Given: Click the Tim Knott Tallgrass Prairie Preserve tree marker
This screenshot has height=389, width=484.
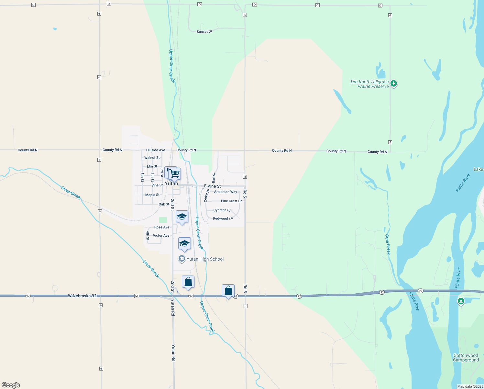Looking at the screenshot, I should pyautogui.click(x=393, y=84).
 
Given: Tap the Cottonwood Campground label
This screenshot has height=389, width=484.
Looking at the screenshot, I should pyautogui.click(x=466, y=358).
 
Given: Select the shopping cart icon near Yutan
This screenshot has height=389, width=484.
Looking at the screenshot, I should pyautogui.click(x=175, y=174).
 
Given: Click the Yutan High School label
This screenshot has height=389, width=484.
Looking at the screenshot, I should pyautogui.click(x=205, y=259).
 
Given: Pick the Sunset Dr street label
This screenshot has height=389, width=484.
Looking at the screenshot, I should pyautogui.click(x=204, y=31).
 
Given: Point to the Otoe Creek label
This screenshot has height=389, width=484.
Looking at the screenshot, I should pyautogui.click(x=388, y=244).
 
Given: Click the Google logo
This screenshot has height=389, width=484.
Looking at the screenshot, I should pyautogui.click(x=11, y=385).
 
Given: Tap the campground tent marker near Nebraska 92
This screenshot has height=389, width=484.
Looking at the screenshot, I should pyautogui.click(x=461, y=301).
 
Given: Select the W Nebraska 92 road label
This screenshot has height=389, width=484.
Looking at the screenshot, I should pyautogui.click(x=82, y=296).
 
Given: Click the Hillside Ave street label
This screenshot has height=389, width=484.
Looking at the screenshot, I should pyautogui.click(x=156, y=150).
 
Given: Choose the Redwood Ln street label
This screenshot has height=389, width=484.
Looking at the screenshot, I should pyautogui.click(x=223, y=218).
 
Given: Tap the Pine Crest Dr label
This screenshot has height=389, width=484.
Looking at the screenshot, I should pyautogui.click(x=231, y=201).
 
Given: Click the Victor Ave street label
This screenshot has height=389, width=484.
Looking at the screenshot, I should pyautogui.click(x=161, y=235).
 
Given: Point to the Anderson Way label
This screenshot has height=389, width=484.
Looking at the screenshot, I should pyautogui.click(x=225, y=192).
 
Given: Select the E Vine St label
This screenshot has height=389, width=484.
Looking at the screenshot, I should pyautogui.click(x=213, y=186).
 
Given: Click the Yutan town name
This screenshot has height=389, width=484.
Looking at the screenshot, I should pyautogui.click(x=171, y=183).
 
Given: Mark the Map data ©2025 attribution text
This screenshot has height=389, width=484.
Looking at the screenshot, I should pyautogui.click(x=470, y=386).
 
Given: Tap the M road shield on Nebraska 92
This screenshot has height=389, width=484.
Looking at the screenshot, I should pyautogui.click(x=137, y=296).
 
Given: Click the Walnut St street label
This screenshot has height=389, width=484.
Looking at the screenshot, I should pyautogui.click(x=152, y=158).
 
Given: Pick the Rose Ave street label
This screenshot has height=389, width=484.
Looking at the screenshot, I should pyautogui.click(x=162, y=227).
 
